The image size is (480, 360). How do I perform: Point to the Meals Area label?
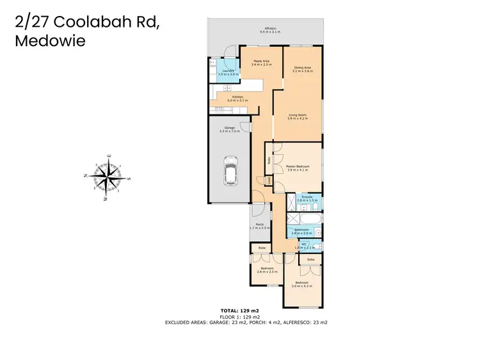(262, 63)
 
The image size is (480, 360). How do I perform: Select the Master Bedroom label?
(298, 168)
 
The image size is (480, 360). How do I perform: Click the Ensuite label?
(306, 199)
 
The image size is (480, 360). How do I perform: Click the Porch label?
(259, 226)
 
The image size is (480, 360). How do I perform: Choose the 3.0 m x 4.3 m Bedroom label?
(301, 284)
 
